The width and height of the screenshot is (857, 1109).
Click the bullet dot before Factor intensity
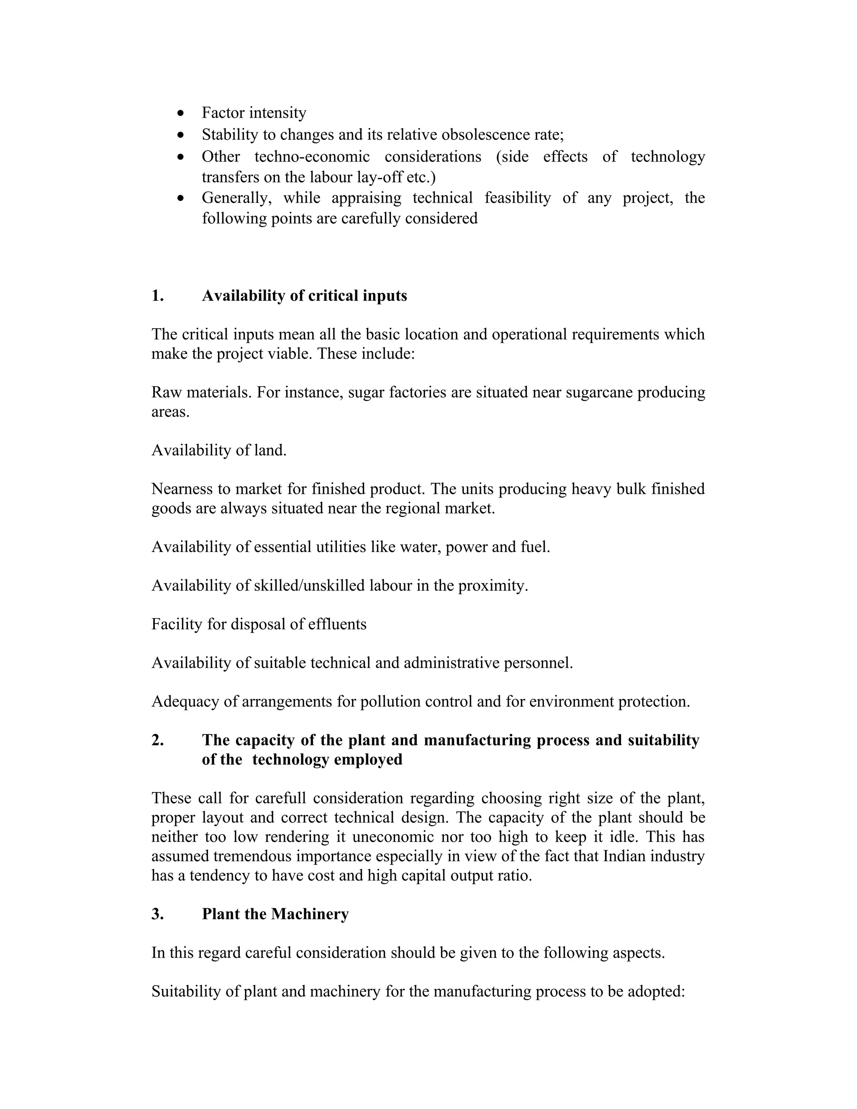pyautogui.click(x=181, y=113)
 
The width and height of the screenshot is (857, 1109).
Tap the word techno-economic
pyautogui.click(x=312, y=157)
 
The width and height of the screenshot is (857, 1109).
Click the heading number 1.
pyautogui.click(x=157, y=295)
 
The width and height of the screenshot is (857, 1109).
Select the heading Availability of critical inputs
pyautogui.click(x=304, y=295)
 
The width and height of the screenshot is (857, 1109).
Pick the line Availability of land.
pyautogui.click(x=219, y=450)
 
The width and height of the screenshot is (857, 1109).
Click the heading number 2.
pyautogui.click(x=157, y=740)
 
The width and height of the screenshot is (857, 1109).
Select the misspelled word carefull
pyautogui.click(x=280, y=798)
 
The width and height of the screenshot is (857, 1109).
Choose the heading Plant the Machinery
pyautogui.click(x=275, y=914)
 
